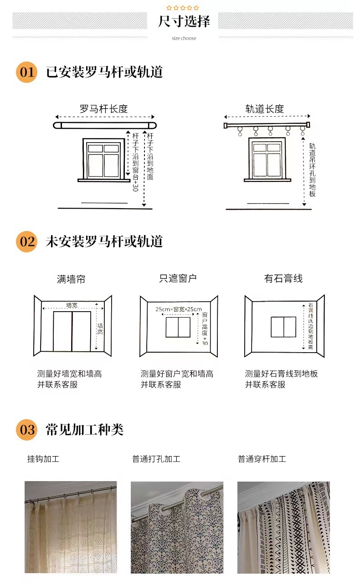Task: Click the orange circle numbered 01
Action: tap(26, 72)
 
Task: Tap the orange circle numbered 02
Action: tap(26, 241)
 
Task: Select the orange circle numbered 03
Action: tap(26, 430)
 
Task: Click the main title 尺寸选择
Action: tap(184, 21)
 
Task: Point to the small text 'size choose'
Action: tap(184, 38)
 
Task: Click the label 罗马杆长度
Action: tap(103, 109)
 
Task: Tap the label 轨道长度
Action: tap(265, 109)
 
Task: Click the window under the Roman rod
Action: tap(103, 159)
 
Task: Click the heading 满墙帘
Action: tap(71, 279)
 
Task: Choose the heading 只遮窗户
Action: tap(178, 278)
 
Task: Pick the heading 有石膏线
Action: tap(283, 278)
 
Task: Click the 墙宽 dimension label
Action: tap(72, 305)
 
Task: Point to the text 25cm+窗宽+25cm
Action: tap(178, 309)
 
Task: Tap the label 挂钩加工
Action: tap(43, 459)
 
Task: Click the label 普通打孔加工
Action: tap(156, 459)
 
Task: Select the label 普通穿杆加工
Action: tap(262, 459)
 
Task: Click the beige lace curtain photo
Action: tap(71, 527)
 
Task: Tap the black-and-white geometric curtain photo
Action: tap(283, 527)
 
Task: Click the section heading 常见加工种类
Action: tap(85, 430)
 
